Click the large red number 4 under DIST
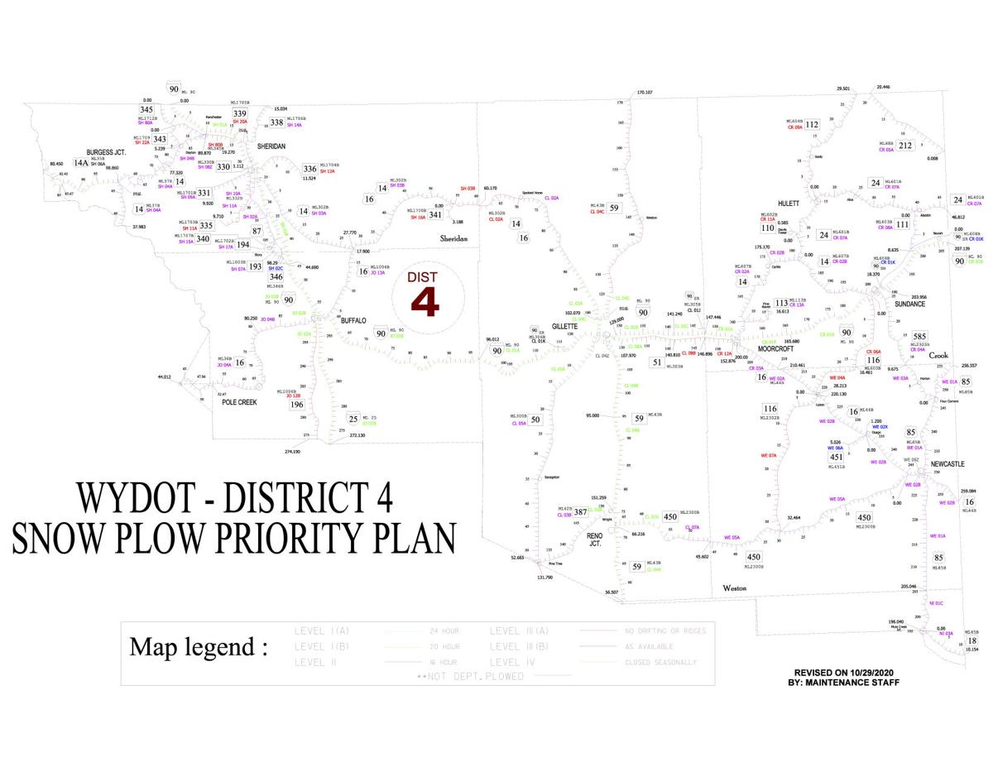click(x=425, y=303)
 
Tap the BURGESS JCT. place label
click(x=105, y=153)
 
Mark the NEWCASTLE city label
click(x=947, y=465)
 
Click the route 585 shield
click(x=919, y=337)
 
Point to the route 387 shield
click(x=581, y=512)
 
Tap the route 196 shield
click(x=297, y=405)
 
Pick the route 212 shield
click(x=904, y=146)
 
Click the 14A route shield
click(x=80, y=163)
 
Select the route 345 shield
click(x=146, y=109)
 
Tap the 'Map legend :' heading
click(x=199, y=646)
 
